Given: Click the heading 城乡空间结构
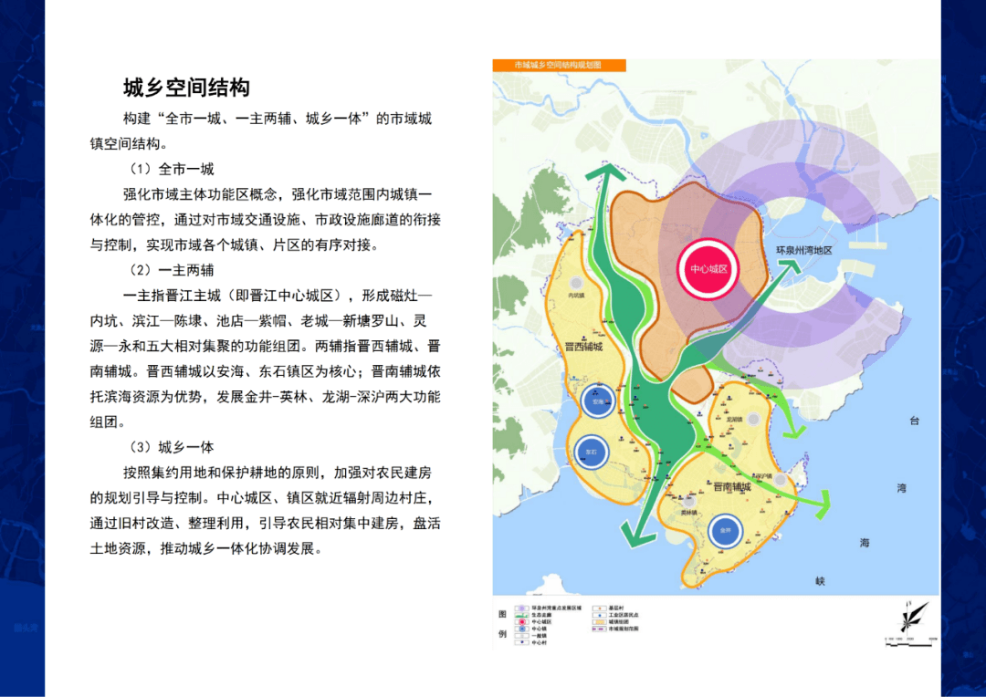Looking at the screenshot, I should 186,88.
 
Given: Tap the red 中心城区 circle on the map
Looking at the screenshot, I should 708,269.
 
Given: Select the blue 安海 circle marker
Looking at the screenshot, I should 597,402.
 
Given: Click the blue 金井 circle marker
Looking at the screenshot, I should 726,530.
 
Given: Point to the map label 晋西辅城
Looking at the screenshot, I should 583,347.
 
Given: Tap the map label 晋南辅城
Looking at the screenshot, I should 732,487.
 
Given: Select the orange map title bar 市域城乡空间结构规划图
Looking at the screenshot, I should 559,66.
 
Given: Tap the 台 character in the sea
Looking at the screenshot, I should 914,421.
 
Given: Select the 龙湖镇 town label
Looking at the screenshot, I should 734,420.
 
